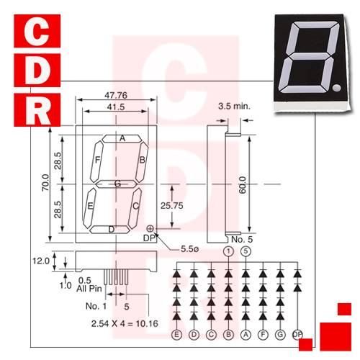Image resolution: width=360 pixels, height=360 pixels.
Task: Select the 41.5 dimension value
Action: click(114, 107)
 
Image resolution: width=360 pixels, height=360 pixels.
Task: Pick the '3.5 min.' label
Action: click(233, 105)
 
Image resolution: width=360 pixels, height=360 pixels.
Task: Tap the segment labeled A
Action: click(122, 138)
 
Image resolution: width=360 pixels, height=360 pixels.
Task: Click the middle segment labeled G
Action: click(116, 184)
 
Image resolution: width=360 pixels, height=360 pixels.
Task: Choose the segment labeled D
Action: click(111, 230)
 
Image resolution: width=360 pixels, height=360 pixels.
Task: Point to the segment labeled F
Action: click(96, 160)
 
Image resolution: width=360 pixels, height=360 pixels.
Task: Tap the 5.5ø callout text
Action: click(190, 249)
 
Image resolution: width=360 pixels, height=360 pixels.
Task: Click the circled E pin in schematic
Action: click(176, 334)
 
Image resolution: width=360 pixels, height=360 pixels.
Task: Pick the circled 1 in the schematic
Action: click(228, 251)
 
